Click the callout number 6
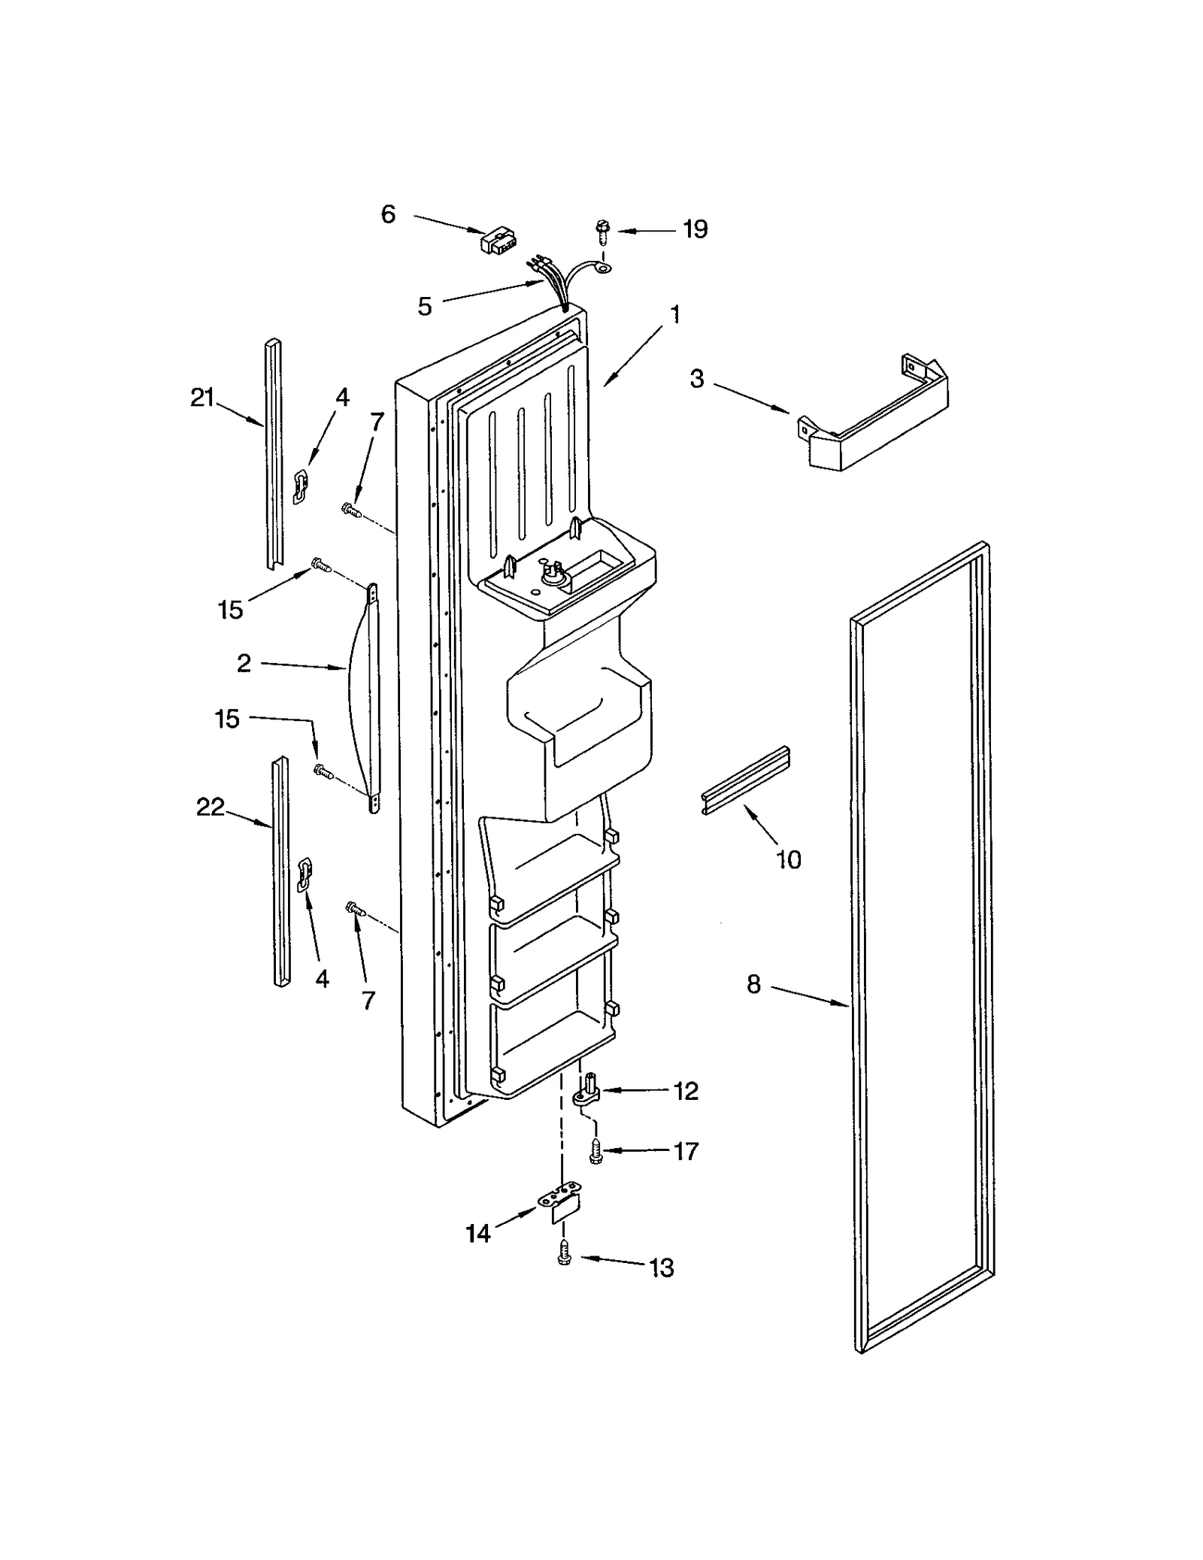pyautogui.click(x=388, y=215)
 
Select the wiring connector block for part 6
pyautogui.click(x=494, y=241)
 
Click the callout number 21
pyautogui.click(x=202, y=398)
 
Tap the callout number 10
pyautogui.click(x=789, y=859)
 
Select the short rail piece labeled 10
pyautogui.click(x=744, y=781)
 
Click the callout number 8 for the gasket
pyautogui.click(x=753, y=983)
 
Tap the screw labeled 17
pyautogui.click(x=595, y=1151)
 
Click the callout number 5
pyautogui.click(x=425, y=306)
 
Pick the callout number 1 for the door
pyautogui.click(x=675, y=314)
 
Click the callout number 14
pyautogui.click(x=478, y=1233)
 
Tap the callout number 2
pyautogui.click(x=244, y=663)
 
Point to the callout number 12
pyautogui.click(x=686, y=1091)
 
